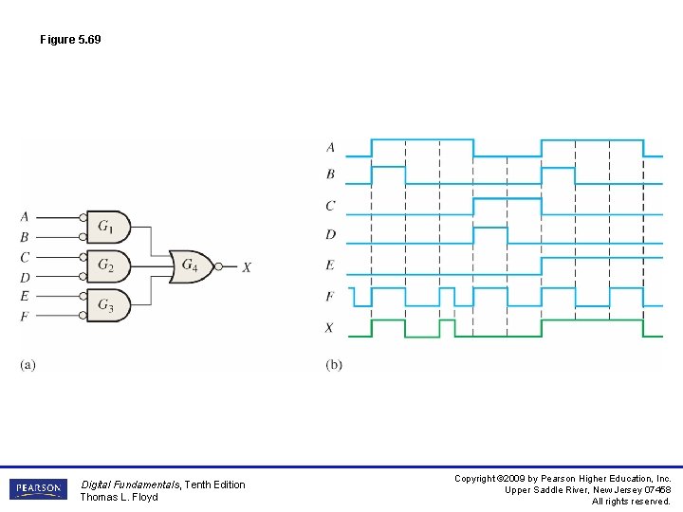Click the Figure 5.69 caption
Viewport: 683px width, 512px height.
click(x=70, y=40)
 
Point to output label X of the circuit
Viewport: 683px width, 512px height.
click(x=247, y=267)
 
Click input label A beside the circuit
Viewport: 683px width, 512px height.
click(x=25, y=217)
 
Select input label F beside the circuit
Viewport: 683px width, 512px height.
click(x=25, y=316)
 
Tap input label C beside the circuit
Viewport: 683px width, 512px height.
click(x=25, y=257)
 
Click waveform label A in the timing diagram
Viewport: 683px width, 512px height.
click(x=330, y=147)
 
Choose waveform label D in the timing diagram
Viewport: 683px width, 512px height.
click(x=330, y=234)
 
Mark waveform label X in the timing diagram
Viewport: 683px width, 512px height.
click(x=330, y=328)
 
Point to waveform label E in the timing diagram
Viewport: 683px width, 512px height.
click(x=330, y=265)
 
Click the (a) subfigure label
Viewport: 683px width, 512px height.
click(x=28, y=365)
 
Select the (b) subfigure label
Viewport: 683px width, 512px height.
click(x=334, y=365)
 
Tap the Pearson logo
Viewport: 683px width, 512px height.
click(x=38, y=489)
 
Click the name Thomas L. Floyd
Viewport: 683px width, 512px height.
click(x=119, y=497)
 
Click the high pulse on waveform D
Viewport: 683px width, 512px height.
click(x=489, y=229)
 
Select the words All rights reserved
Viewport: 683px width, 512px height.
click(x=631, y=501)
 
